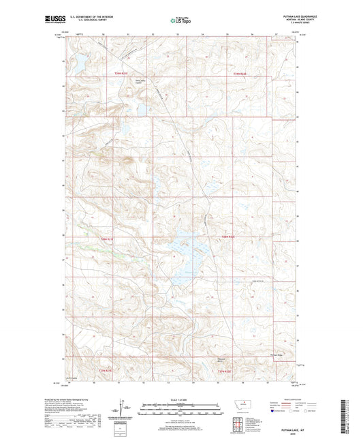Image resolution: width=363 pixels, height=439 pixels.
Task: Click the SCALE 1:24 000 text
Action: pos(181,399)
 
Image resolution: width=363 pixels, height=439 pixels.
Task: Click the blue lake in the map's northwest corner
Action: pos(77,63)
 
